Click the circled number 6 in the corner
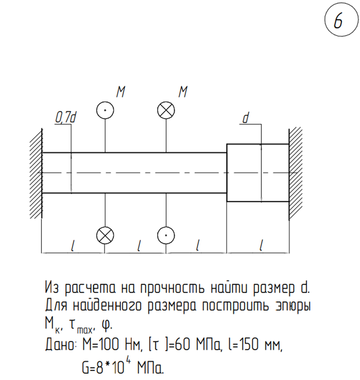341,20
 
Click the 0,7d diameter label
66,118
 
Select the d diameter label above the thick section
246,118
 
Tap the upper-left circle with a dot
105,110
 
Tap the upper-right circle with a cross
166,110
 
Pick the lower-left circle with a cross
105,235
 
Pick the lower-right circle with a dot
166,235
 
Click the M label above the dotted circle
121,91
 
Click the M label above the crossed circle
183,91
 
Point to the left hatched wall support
36,173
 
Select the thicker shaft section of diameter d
258,173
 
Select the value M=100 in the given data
100,344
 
